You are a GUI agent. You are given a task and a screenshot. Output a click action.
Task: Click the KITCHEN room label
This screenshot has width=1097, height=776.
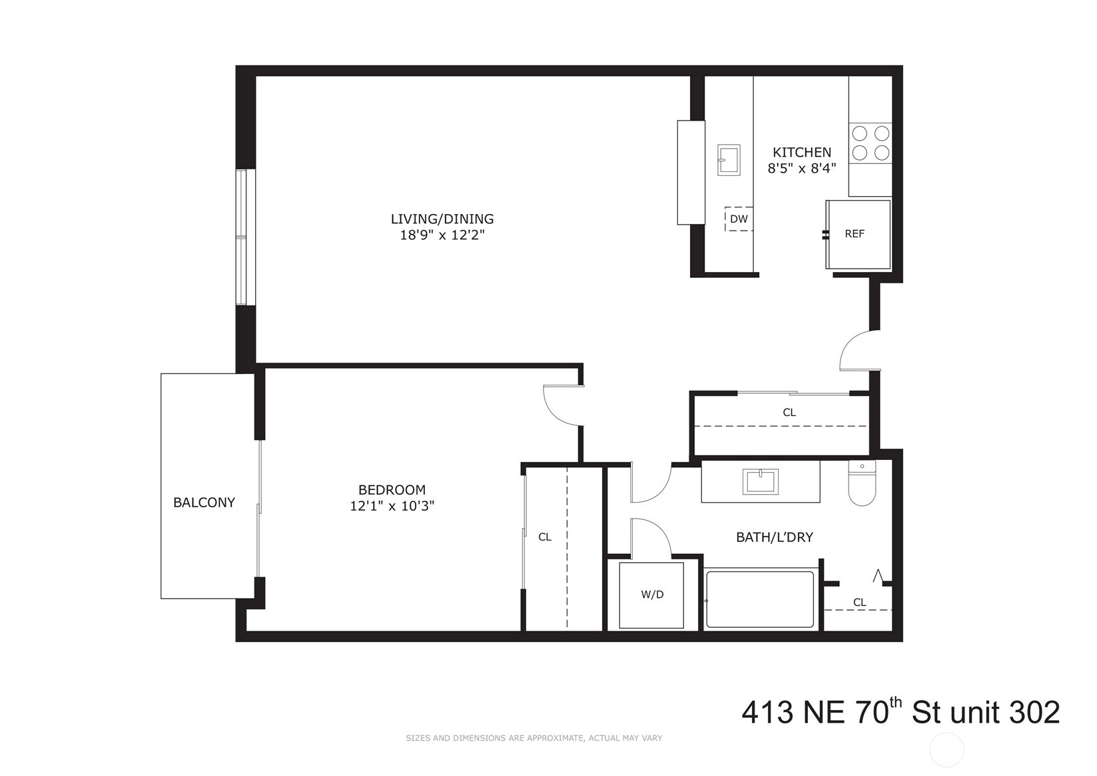802,152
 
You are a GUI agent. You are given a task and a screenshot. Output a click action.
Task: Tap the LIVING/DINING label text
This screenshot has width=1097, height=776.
442,219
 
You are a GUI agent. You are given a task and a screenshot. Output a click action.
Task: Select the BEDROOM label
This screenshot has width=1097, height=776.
392,490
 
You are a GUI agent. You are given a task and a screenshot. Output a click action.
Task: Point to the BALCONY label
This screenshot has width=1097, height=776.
204,502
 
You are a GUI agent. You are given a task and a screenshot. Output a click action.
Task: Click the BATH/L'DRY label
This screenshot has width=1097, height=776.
775,537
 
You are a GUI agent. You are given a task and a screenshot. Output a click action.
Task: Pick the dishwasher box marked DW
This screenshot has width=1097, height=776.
739,219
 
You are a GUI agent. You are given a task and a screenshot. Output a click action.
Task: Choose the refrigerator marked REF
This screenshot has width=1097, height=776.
858,234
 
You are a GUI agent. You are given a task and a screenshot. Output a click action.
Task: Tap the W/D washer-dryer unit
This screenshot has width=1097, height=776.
651,595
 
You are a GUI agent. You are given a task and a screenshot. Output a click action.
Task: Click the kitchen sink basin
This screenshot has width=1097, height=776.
729,160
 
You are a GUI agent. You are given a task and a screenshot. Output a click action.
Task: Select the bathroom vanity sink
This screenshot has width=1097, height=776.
760,481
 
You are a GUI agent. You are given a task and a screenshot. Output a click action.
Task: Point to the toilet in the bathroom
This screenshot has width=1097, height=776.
862,483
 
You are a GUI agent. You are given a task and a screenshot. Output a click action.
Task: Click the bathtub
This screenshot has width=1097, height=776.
761,599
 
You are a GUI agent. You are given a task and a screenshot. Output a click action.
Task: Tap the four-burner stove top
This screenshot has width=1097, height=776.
871,143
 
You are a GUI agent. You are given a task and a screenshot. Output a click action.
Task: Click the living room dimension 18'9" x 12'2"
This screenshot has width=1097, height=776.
442,235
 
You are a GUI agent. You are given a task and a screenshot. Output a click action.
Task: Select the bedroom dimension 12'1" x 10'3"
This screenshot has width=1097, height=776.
392,506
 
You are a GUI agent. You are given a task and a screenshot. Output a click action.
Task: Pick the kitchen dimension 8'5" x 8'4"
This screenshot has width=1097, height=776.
802,169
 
